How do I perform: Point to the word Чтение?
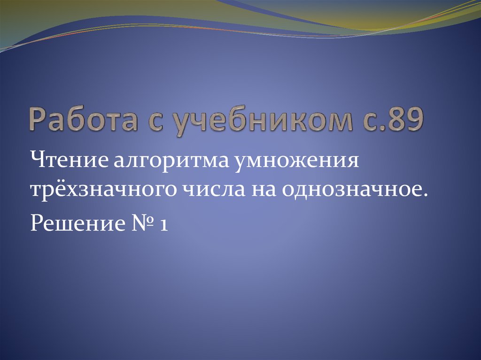(x=69, y=162)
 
